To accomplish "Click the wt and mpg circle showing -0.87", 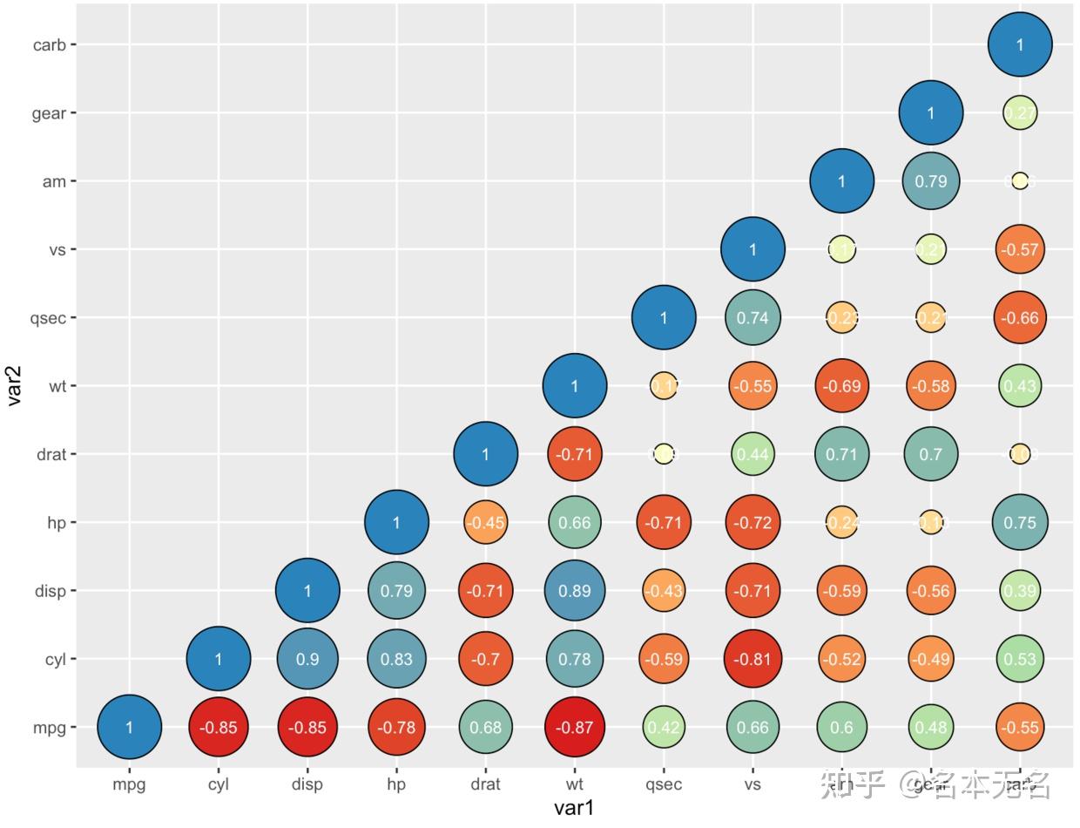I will coord(574,727).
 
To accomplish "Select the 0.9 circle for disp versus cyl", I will coord(307,659).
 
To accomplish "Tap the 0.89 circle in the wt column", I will coord(574,591).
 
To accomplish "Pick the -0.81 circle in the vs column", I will coord(753,659).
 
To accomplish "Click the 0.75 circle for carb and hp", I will coord(1020,523).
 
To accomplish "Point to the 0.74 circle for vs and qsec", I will coord(753,318).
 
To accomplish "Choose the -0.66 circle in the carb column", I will coord(1020,318).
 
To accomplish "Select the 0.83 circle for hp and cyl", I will coord(396,659).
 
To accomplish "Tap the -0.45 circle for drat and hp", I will coord(485,523).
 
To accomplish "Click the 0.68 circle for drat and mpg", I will coord(485,727).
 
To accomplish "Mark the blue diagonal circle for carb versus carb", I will coord(1020,44).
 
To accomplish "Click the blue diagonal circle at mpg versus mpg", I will coord(129,727).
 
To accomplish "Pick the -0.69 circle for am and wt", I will coord(841,386).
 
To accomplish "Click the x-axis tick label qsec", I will coord(663,784).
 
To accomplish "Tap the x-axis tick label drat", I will coord(485,784).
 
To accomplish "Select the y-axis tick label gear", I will coord(49,113).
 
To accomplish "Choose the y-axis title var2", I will coord(16,386).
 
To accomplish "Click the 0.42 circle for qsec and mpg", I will coord(663,727).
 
